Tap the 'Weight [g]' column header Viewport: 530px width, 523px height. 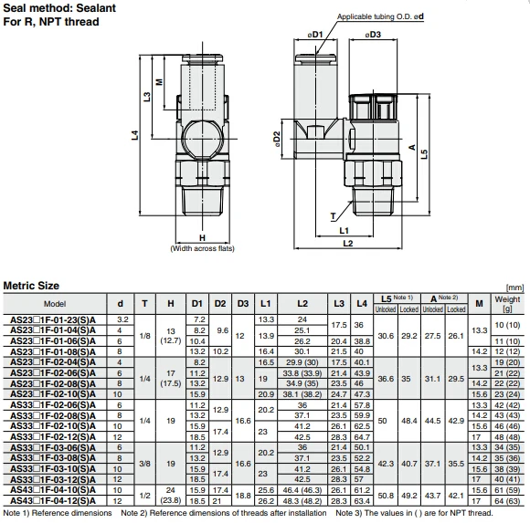(x=507, y=304)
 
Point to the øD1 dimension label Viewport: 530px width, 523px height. (x=316, y=35)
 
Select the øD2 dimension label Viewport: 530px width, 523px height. (x=277, y=140)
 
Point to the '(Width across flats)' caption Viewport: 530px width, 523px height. (x=202, y=248)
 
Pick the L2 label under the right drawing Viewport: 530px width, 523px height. (x=347, y=244)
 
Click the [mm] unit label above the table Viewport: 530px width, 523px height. (x=515, y=287)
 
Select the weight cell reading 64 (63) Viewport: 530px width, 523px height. (x=507, y=501)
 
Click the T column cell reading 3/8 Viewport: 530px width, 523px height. (x=144, y=463)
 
